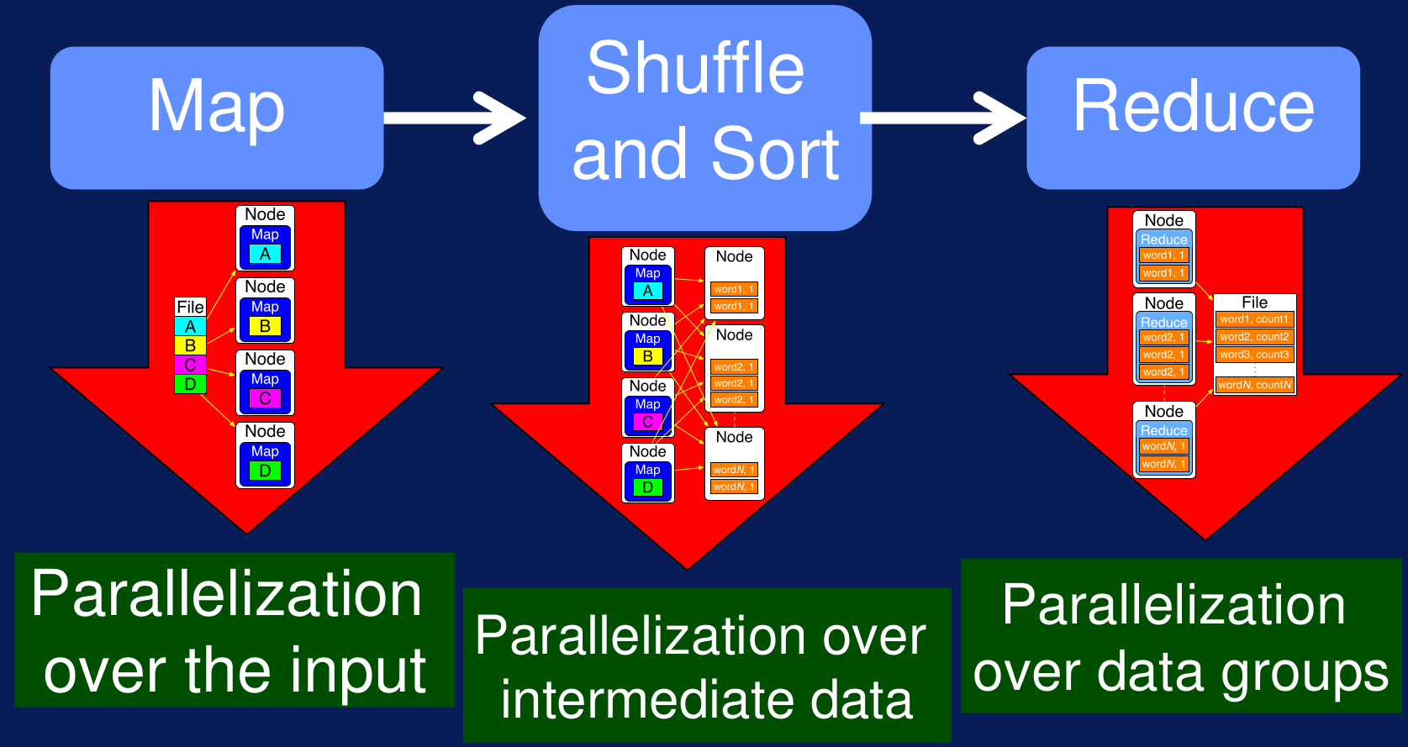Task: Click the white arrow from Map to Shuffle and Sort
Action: click(454, 118)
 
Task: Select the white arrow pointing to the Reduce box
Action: click(943, 118)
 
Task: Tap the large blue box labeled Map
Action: click(217, 118)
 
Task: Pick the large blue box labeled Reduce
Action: click(1193, 118)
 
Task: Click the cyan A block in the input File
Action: click(191, 326)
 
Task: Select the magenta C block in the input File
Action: click(191, 365)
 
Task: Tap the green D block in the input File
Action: click(191, 384)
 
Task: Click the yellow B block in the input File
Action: click(191, 345)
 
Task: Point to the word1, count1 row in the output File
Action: click(1255, 319)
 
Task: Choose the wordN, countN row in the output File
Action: click(1255, 385)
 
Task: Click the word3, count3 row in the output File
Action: click(1255, 355)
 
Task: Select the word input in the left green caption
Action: click(358, 672)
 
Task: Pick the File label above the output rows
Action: click(1255, 302)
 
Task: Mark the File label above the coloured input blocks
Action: click(191, 307)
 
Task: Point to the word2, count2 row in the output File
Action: click(1255, 337)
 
